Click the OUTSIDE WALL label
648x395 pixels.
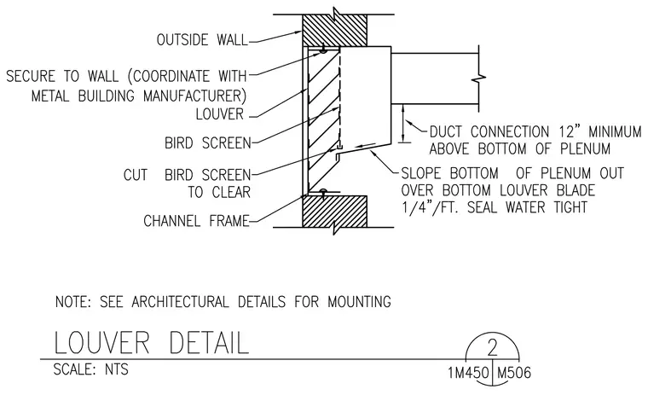click(x=202, y=40)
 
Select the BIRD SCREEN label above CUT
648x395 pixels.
click(x=208, y=143)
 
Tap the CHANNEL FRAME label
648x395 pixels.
click(x=196, y=221)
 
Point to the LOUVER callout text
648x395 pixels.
click(x=220, y=114)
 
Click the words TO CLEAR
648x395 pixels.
click(x=219, y=192)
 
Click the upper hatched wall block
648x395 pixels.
click(x=335, y=31)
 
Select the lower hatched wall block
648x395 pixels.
click(x=335, y=212)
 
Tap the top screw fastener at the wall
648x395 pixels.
click(x=323, y=49)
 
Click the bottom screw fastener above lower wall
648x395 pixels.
click(x=324, y=192)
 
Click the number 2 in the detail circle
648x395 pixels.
click(x=492, y=348)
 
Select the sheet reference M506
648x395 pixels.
click(x=513, y=373)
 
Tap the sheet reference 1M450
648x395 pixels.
click(x=469, y=373)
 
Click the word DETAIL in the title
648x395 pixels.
click(x=209, y=342)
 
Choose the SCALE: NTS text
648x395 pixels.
click(x=91, y=369)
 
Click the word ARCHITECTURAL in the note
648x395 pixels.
click(x=180, y=301)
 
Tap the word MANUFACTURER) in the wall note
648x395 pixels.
click(x=194, y=96)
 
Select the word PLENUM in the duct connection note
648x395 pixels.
click(x=585, y=149)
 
